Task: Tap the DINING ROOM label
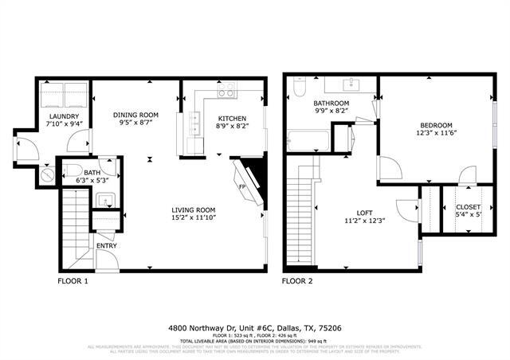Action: pyautogui.click(x=136, y=115)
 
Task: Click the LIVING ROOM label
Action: pyautogui.click(x=194, y=209)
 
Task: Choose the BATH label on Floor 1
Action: pyautogui.click(x=92, y=173)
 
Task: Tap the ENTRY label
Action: pyautogui.click(x=106, y=245)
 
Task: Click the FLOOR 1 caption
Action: pyautogui.click(x=73, y=281)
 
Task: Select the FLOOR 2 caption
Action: pyautogui.click(x=297, y=281)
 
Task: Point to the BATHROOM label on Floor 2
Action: pyautogui.click(x=331, y=104)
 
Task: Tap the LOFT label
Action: pyautogui.click(x=364, y=212)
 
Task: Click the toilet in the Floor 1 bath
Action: pyautogui.click(x=70, y=169)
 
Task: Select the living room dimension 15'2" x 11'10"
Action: pyautogui.click(x=194, y=217)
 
